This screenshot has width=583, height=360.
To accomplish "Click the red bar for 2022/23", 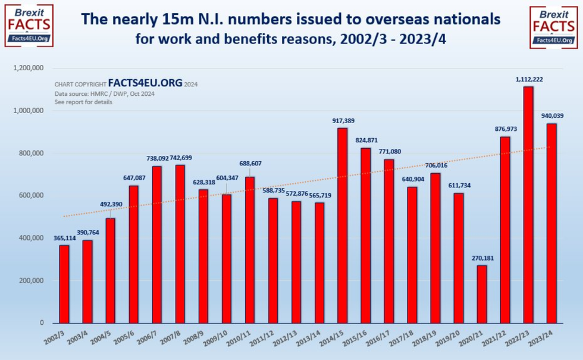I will [x=528, y=205].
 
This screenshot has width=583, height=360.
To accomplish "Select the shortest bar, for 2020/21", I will [x=482, y=294].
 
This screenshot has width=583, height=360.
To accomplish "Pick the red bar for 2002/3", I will [x=64, y=284].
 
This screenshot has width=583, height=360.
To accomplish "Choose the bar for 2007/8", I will [x=180, y=244].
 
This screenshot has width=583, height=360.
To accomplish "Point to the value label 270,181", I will [x=482, y=258].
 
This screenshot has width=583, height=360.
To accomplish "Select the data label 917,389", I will [x=343, y=121].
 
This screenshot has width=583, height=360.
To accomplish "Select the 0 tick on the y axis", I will [x=42, y=323].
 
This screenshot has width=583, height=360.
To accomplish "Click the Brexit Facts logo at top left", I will [x=28, y=25].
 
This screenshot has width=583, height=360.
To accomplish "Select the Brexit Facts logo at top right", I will [x=553, y=25].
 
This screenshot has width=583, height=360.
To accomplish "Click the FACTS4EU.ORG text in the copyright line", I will [x=145, y=84].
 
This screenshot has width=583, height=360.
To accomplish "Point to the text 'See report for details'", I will [x=83, y=102].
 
